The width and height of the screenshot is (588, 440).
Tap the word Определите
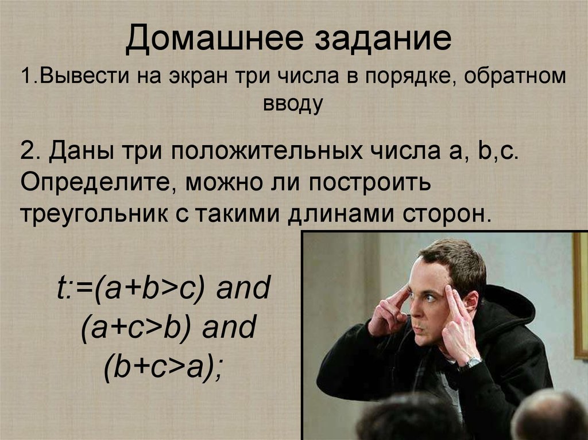(x=94, y=183)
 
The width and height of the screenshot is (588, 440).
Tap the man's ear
(x=470, y=302)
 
